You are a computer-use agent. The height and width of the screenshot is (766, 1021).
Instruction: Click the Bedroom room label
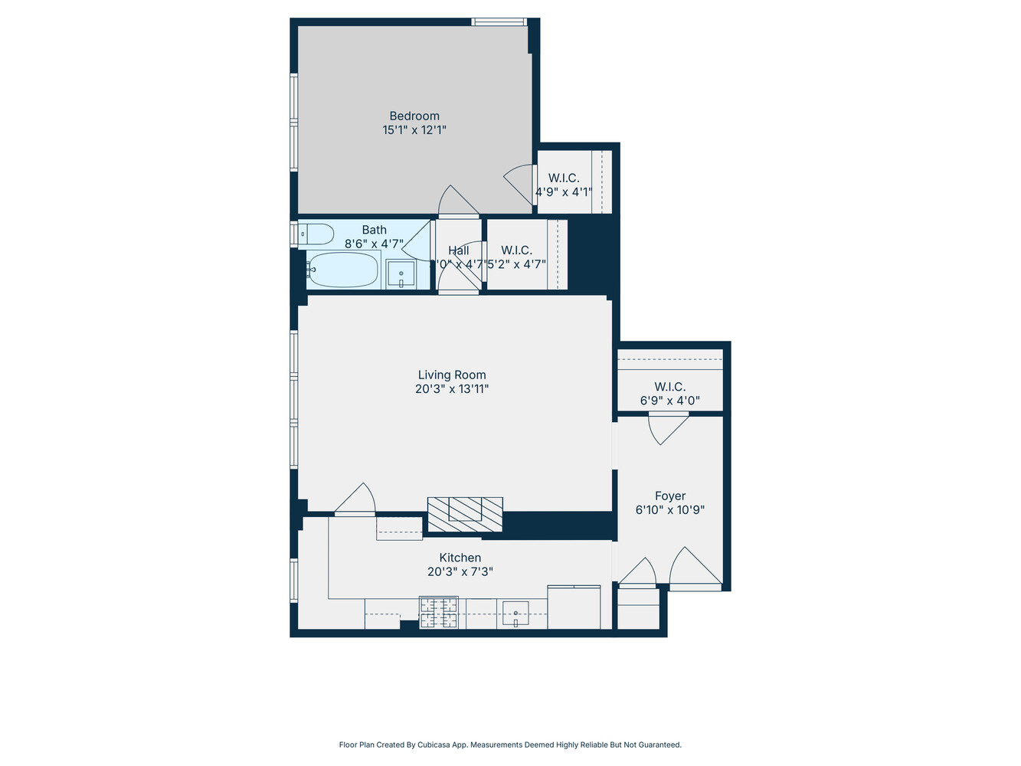(x=414, y=116)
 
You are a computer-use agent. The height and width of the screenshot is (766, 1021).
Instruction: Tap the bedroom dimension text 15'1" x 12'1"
(x=414, y=130)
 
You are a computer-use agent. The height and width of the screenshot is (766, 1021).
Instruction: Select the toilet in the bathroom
(x=316, y=233)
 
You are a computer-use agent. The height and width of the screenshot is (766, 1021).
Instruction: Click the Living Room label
(x=452, y=375)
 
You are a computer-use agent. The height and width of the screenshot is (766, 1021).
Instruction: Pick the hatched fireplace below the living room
(x=465, y=514)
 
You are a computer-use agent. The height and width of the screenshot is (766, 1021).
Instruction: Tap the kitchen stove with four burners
(x=439, y=613)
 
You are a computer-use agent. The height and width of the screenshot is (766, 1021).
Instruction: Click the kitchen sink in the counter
(x=516, y=614)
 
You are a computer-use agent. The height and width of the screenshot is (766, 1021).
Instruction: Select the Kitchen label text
(x=460, y=558)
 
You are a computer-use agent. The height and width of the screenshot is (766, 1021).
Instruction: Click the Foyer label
(x=670, y=496)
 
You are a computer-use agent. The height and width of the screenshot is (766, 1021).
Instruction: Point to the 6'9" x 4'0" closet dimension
(x=670, y=401)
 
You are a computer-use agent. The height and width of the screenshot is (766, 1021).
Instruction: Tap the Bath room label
(x=375, y=230)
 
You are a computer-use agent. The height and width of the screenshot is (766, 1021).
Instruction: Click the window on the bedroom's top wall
(x=499, y=22)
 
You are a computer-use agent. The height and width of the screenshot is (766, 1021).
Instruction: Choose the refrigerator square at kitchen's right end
(x=574, y=607)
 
